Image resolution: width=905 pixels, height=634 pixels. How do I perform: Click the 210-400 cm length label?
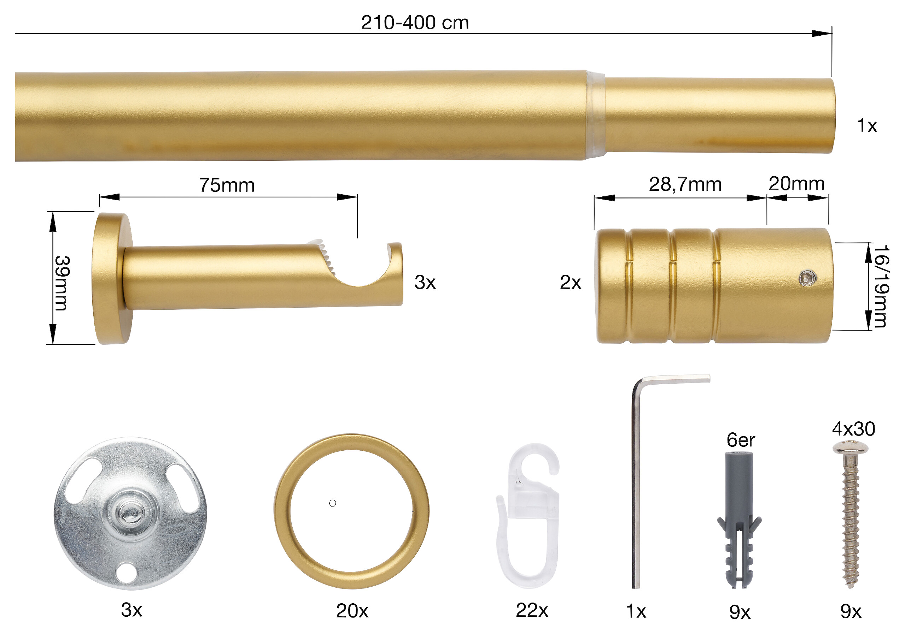click(415, 23)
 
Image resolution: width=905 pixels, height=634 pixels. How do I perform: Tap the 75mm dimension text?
click(227, 185)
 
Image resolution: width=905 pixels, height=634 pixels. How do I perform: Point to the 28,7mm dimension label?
click(685, 185)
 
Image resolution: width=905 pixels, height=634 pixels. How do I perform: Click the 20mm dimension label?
click(796, 184)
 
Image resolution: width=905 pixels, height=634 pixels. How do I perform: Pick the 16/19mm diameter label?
click(881, 286)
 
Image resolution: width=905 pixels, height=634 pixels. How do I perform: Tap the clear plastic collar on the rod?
click(595, 116)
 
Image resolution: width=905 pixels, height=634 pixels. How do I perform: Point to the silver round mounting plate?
click(130, 514)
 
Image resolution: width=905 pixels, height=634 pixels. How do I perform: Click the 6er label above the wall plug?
click(740, 440)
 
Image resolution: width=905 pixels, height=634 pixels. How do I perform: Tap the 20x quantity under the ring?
click(352, 611)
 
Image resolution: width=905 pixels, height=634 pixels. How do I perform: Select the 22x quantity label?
click(532, 610)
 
